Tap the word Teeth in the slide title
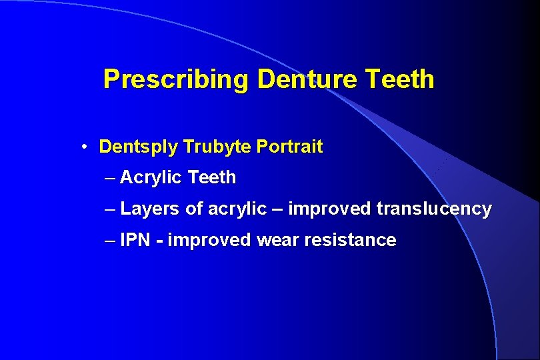click(x=399, y=79)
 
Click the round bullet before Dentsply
click(x=87, y=147)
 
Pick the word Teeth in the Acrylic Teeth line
click(x=213, y=178)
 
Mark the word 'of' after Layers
click(x=194, y=209)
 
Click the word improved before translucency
click(x=329, y=209)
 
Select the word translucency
click(x=434, y=209)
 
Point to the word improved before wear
click(x=209, y=240)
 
